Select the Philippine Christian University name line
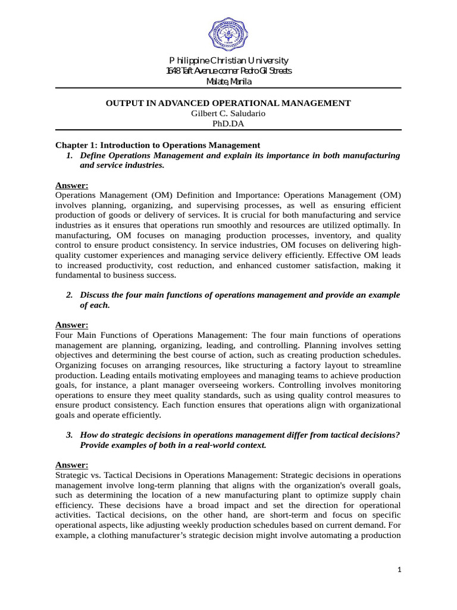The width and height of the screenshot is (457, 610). point(228,60)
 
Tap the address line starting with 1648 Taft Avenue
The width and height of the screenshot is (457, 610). point(228,71)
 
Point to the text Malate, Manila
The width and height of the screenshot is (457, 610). point(228,81)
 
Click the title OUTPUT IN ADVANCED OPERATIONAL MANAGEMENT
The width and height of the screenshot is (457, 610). point(228,103)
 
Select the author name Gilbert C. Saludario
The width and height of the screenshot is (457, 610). point(228,113)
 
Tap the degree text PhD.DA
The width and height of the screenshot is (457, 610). point(228,124)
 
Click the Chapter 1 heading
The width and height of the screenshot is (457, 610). point(158,145)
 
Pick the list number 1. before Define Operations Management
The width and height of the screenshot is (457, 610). point(69,155)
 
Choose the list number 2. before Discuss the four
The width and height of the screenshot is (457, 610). point(69,295)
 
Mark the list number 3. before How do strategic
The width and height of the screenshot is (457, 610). point(69,435)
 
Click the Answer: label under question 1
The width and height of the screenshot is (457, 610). point(71,185)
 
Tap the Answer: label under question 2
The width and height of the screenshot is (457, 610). point(71,325)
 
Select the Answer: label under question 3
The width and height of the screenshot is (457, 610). point(71,465)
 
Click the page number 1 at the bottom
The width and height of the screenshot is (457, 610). point(400,570)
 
